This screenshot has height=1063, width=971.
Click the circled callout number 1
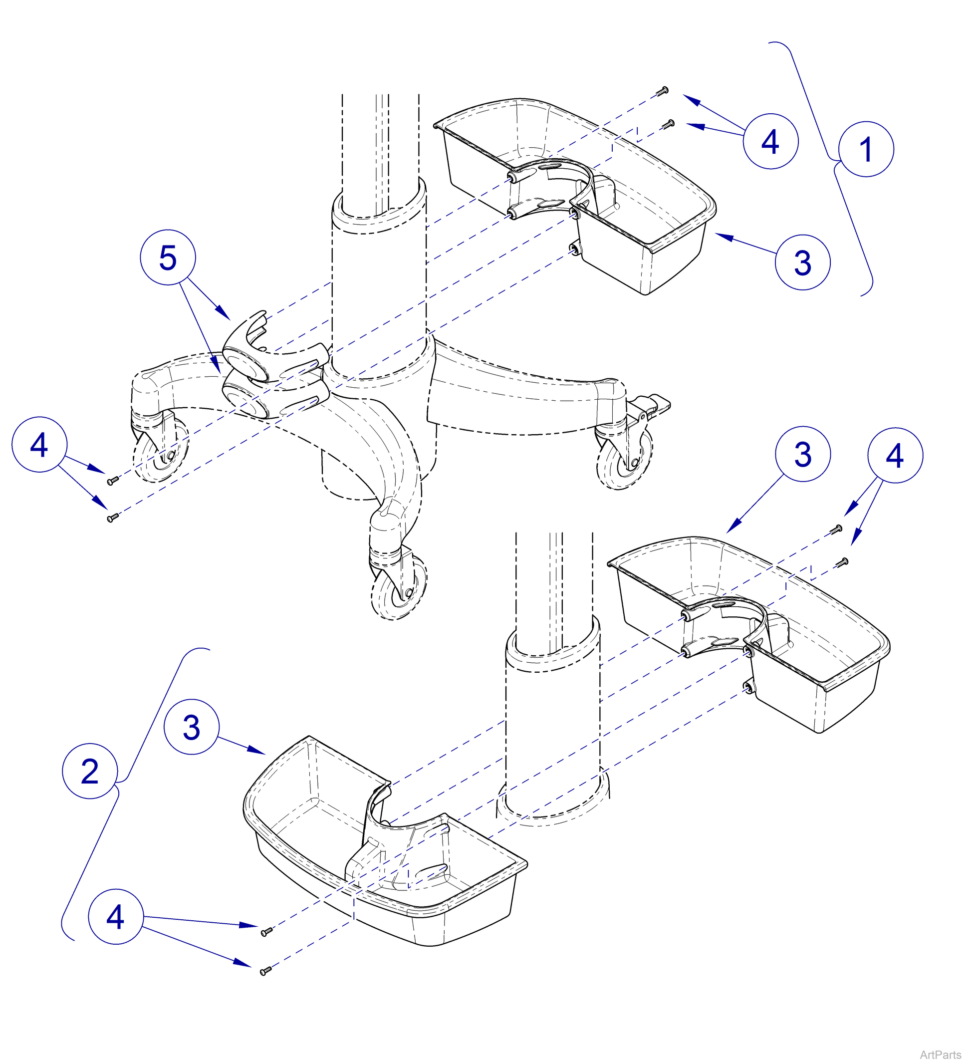pyautogui.click(x=866, y=149)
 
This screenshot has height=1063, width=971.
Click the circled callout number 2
pyautogui.click(x=90, y=772)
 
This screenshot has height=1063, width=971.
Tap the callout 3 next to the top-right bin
pyautogui.click(x=802, y=263)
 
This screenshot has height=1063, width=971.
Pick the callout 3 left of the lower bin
pyautogui.click(x=191, y=728)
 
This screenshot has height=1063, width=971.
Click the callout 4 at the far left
pyautogui.click(x=39, y=445)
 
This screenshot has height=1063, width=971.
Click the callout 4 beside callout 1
pyautogui.click(x=770, y=141)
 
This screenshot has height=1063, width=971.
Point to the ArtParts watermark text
pyautogui.click(x=941, y=1054)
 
